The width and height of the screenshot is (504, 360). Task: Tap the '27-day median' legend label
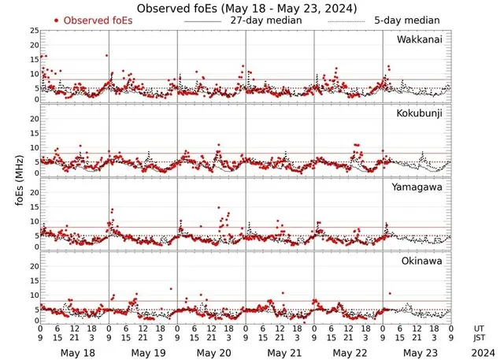coord(266,20)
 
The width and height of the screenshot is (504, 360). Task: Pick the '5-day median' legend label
coord(406,20)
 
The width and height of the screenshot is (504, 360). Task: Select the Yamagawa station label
coord(421,187)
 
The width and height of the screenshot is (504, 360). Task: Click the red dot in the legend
coord(57,20)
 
